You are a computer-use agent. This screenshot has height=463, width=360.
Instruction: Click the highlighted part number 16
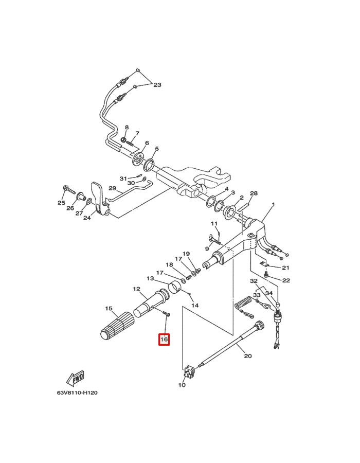(164, 340)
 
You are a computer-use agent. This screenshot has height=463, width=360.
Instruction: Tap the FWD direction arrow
(75, 378)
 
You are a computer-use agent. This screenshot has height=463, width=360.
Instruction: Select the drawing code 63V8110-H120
(77, 393)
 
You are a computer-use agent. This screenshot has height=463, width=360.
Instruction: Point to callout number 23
(157, 85)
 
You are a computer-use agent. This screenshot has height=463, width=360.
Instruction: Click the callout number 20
(248, 356)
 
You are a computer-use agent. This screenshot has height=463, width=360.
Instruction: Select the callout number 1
(273, 205)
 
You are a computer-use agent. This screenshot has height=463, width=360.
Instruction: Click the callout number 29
(113, 188)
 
